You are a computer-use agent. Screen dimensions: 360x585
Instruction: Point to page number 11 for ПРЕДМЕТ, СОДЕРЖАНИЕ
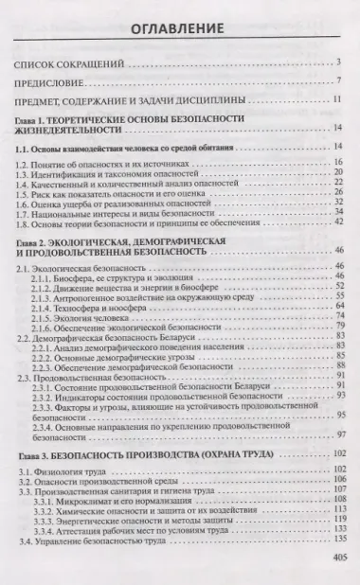(336, 98)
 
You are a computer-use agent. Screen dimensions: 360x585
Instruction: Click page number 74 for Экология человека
(336, 317)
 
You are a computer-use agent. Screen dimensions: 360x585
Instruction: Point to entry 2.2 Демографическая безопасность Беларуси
(104, 338)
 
